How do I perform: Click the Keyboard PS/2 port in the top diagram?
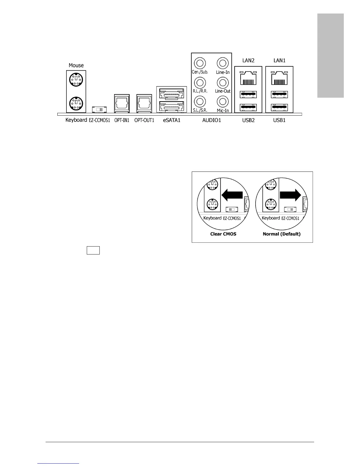tap(76, 103)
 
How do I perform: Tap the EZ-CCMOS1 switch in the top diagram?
tap(99, 109)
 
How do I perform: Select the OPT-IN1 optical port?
tap(121, 103)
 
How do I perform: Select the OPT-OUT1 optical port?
tap(144, 103)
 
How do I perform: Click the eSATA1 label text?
tap(171, 120)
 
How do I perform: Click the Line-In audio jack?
tap(223, 63)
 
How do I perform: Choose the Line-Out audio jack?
tap(223, 82)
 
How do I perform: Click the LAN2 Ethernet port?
tap(248, 78)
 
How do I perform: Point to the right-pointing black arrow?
tap(290, 195)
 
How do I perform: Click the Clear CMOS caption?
tap(223, 234)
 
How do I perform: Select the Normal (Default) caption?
tap(281, 234)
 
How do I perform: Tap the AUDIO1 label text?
tap(212, 120)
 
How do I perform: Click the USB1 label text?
tap(279, 120)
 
